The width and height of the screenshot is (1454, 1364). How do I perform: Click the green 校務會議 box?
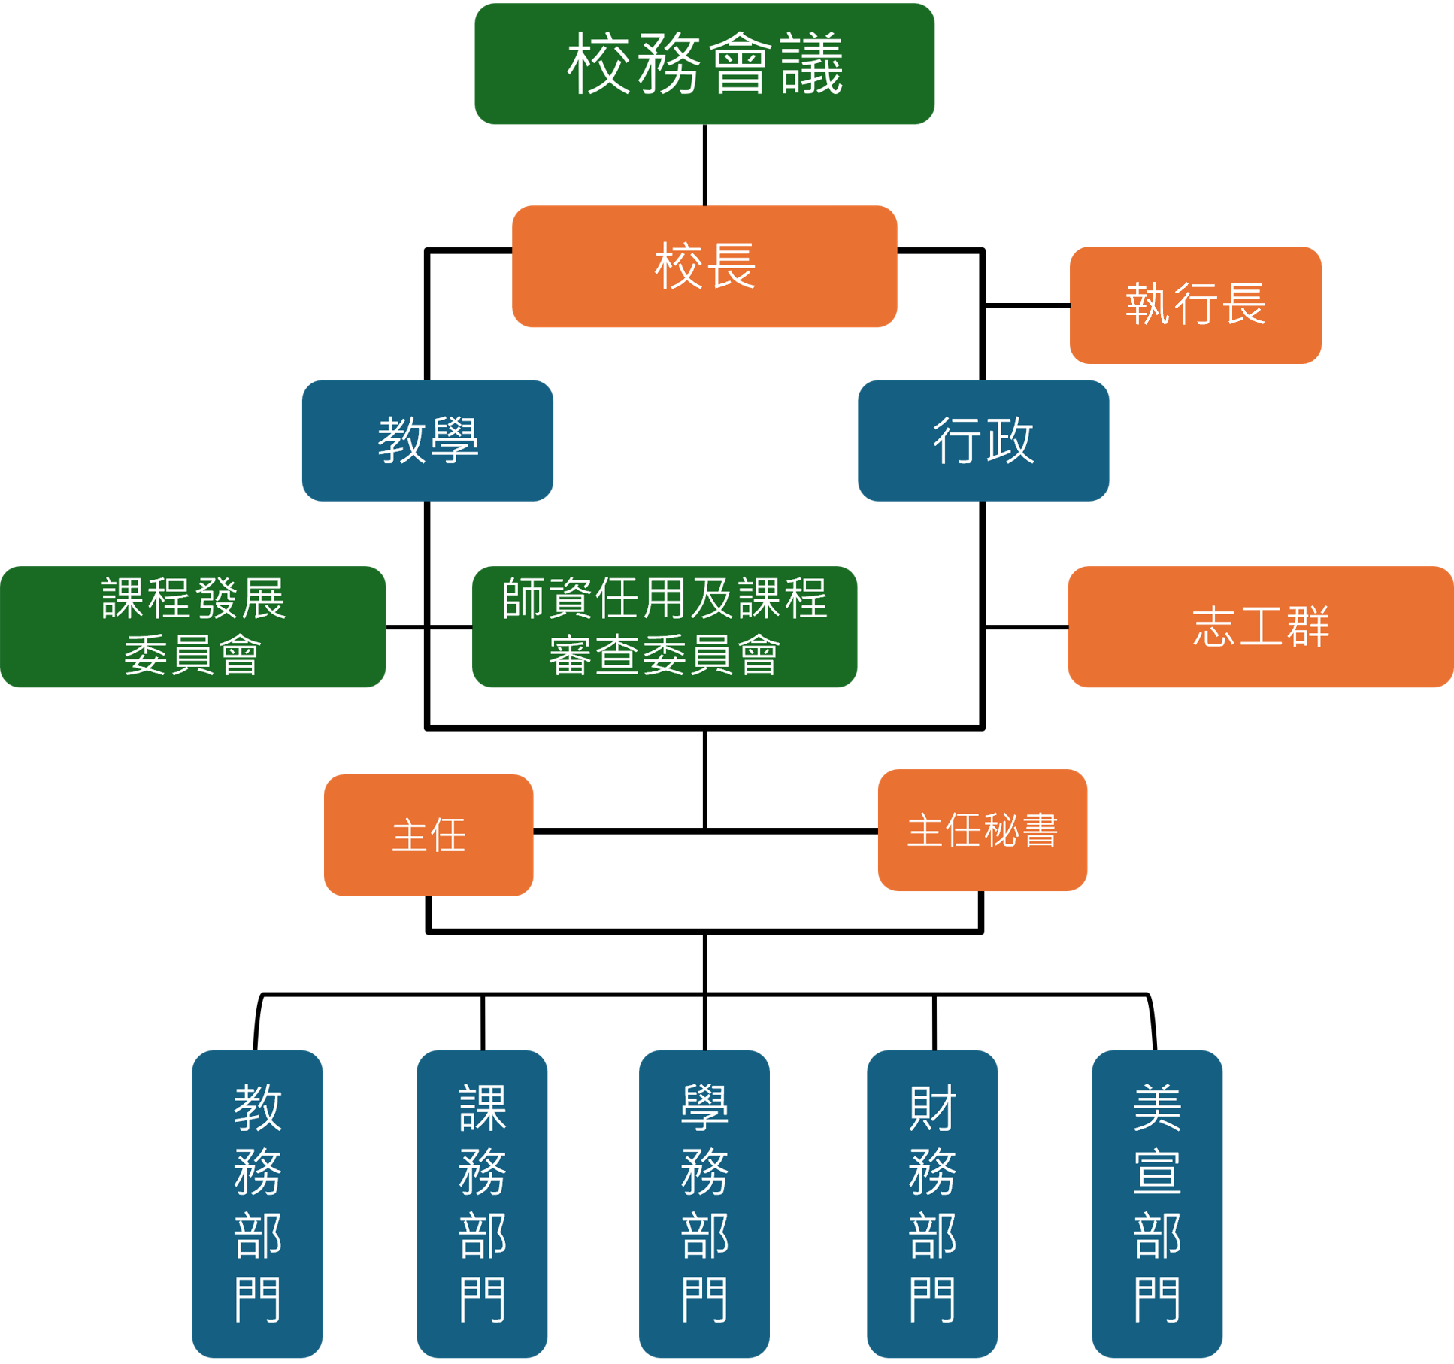pos(704,64)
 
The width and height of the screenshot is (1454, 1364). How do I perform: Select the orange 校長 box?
pos(704,266)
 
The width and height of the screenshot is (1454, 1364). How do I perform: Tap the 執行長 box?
pos(1195,305)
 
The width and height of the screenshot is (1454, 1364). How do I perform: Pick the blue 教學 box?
pos(428,440)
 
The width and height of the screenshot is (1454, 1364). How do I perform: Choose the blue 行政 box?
pos(983,440)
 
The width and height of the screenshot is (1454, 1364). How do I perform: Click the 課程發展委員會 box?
pos(193,626)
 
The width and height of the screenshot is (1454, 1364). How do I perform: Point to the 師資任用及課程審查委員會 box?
pos(665,626)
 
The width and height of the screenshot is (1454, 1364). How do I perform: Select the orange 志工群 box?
pos(1261,626)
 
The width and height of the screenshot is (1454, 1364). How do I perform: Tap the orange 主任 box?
pos(429,835)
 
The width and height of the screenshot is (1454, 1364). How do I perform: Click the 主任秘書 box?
pos(983,830)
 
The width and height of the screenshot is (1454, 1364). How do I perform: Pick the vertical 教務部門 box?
pos(257,1203)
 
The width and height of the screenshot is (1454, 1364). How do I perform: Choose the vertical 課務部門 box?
pos(482,1203)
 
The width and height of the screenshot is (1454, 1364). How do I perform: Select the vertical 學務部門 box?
pos(704,1203)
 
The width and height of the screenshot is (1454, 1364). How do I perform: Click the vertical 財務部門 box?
pos(932,1203)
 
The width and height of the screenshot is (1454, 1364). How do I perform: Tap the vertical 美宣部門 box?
pos(1157,1203)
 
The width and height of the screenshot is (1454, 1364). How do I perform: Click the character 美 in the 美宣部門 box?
pos(1157,1108)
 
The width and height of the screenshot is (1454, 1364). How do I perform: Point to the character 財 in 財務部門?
pos(932,1108)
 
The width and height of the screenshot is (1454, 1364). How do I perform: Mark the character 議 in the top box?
pos(812,65)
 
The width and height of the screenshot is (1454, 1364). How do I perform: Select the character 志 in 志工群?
pos(1213,627)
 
